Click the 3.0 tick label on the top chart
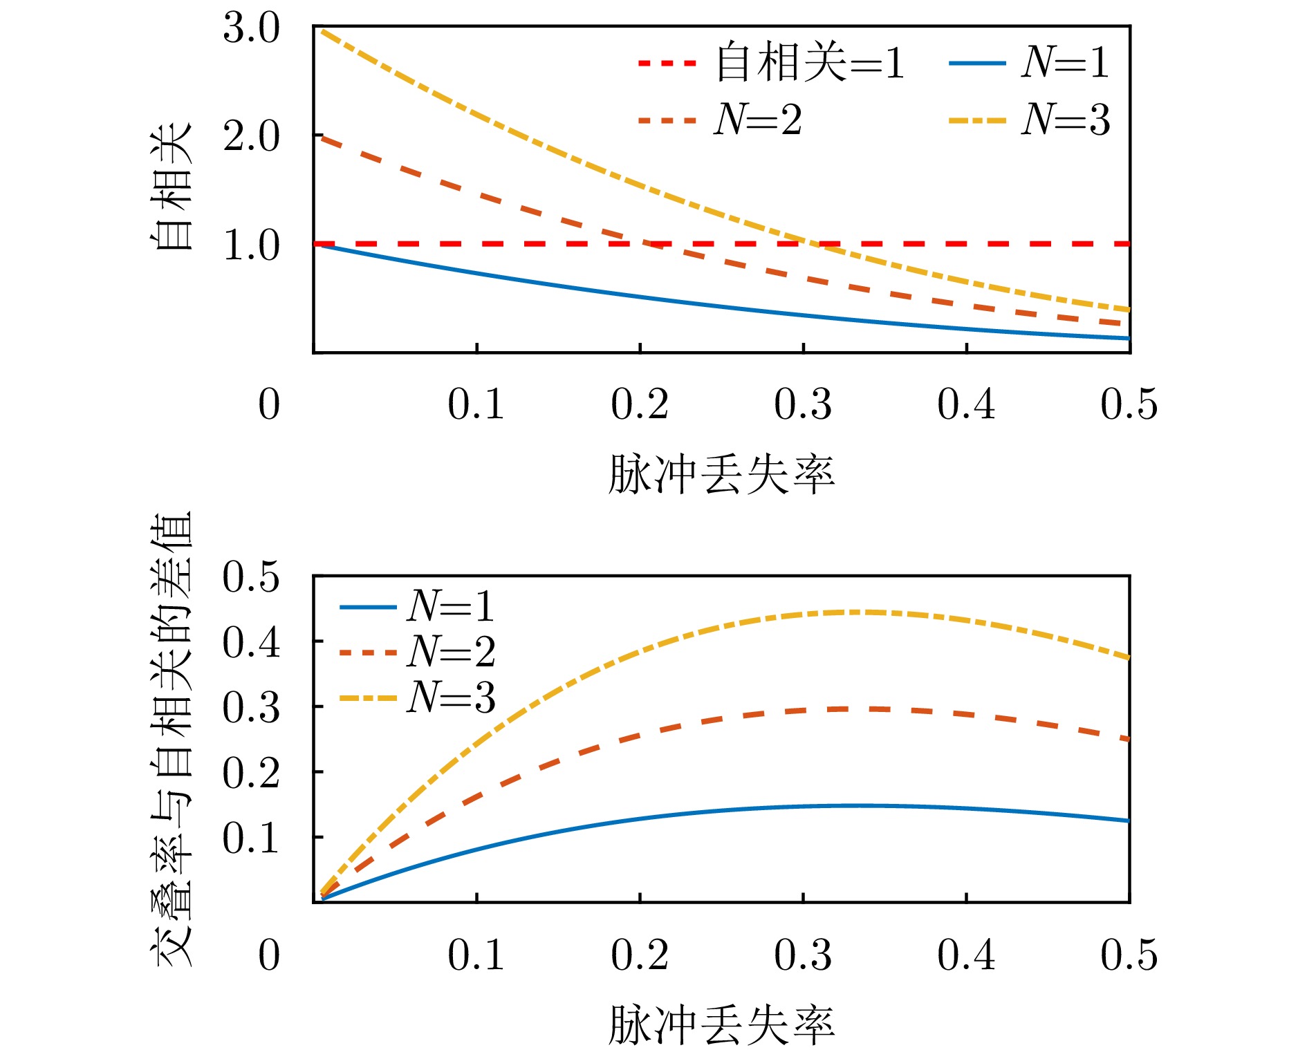click(x=251, y=30)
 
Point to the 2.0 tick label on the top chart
click(x=251, y=137)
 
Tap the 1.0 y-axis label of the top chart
click(x=251, y=245)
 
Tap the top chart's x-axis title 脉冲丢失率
click(x=721, y=476)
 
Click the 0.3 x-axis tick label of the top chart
click(x=803, y=404)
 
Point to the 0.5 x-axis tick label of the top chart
click(x=1129, y=404)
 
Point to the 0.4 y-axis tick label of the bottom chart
click(x=251, y=643)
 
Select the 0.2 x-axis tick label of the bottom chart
click(x=640, y=955)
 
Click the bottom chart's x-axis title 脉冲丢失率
click(x=721, y=1024)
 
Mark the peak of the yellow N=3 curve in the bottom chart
click(x=858, y=612)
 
